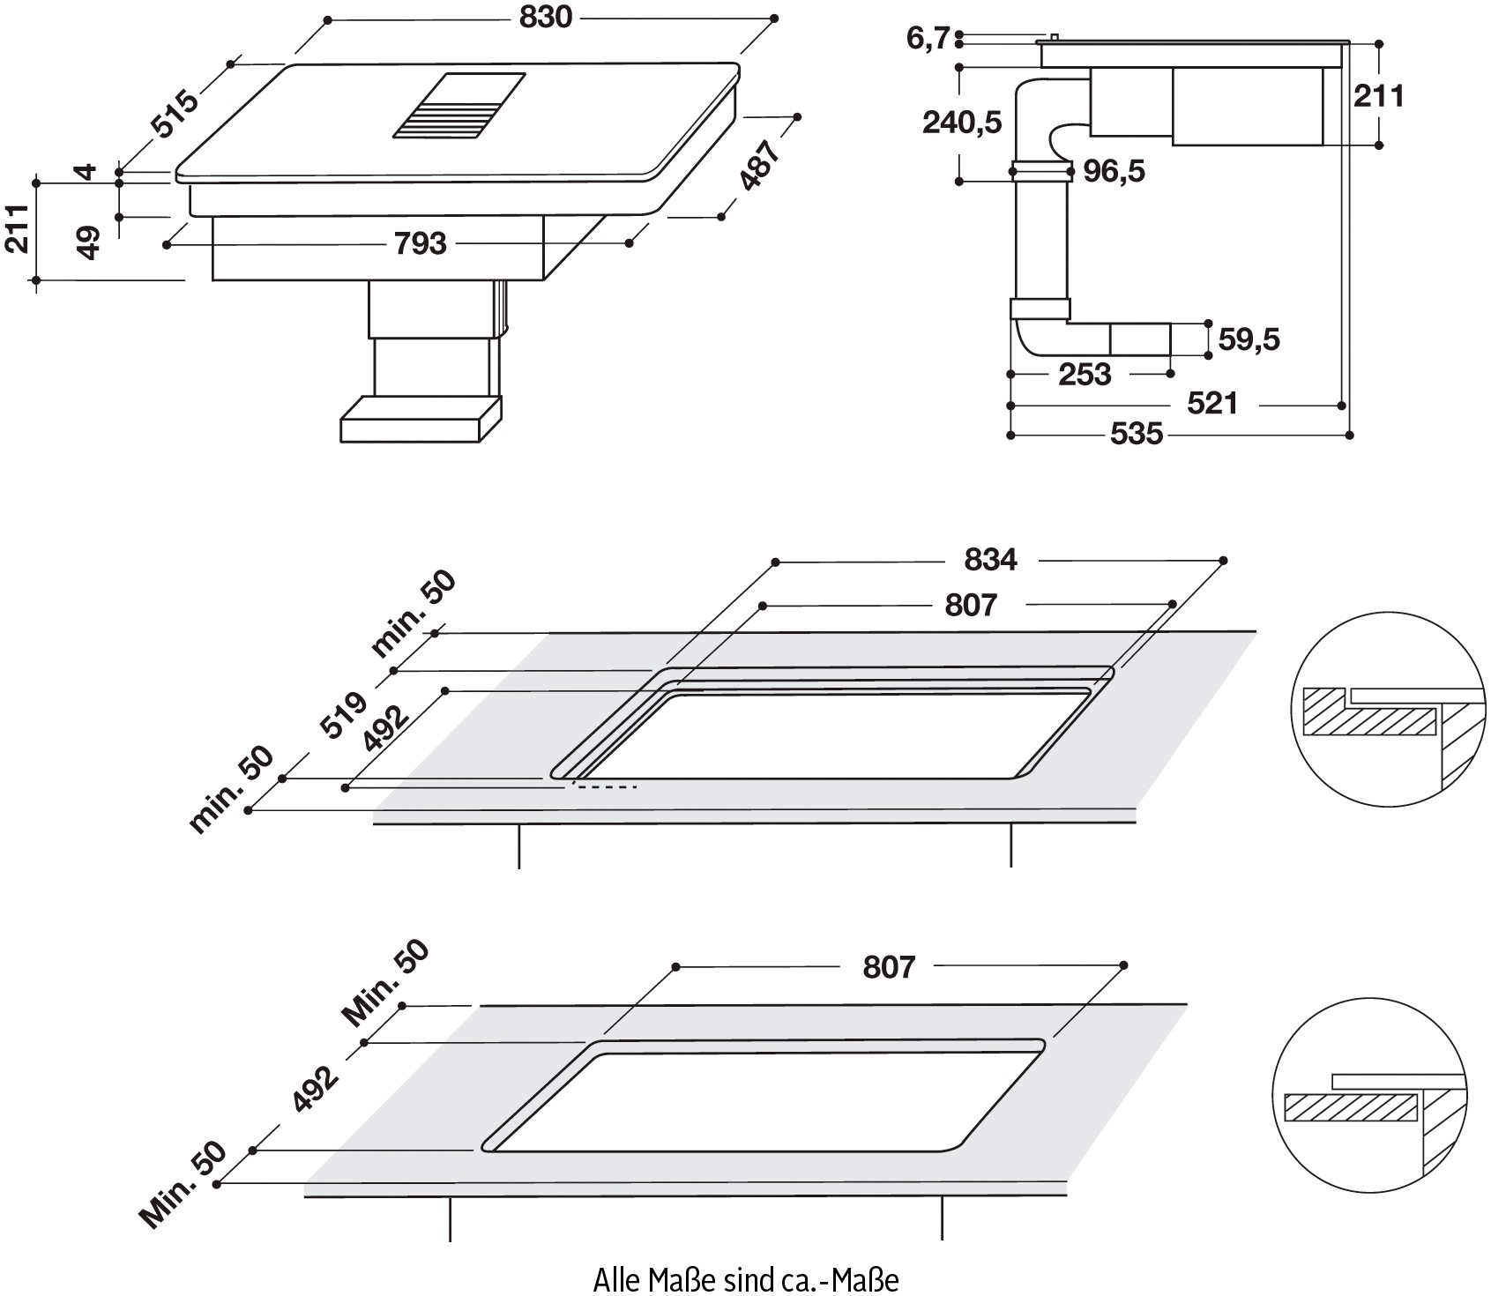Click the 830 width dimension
click(x=546, y=17)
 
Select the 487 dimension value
click(x=759, y=165)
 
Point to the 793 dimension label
click(x=421, y=243)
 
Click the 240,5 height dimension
click(x=962, y=123)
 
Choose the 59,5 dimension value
click(x=1248, y=339)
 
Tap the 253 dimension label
click(x=1085, y=375)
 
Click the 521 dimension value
click(x=1212, y=404)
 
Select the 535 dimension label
click(x=1137, y=434)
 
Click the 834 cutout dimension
click(x=990, y=559)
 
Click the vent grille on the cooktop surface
click(x=459, y=105)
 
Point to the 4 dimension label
click(x=87, y=170)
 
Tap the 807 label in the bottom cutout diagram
click(x=889, y=966)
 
